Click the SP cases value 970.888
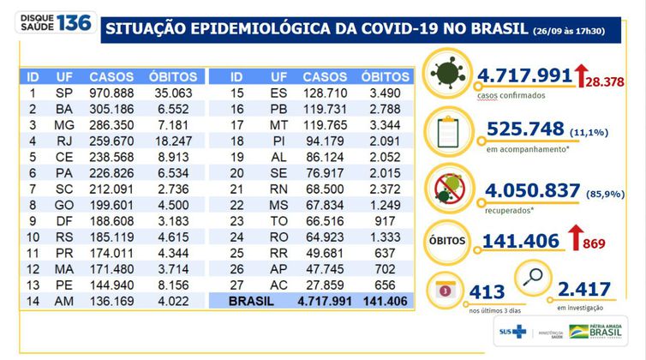coord(111,92)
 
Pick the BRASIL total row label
coord(249,303)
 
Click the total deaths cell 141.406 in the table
coord(385,303)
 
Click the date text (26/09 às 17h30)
coord(583,31)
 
